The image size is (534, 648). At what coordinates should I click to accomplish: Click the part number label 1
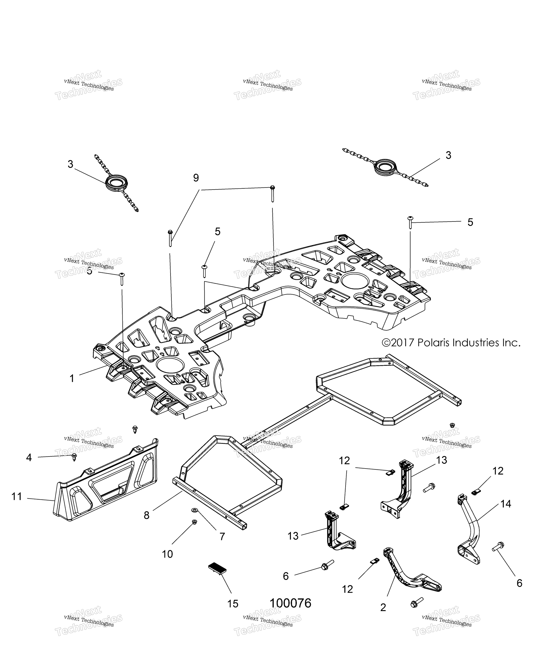[x=72, y=378]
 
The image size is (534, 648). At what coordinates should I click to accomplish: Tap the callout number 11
[x=17, y=497]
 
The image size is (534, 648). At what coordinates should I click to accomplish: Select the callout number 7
[x=222, y=537]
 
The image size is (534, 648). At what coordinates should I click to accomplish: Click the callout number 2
[x=383, y=607]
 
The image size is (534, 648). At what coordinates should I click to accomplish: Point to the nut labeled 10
[x=194, y=522]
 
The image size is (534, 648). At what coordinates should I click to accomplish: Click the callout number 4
[x=29, y=458]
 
